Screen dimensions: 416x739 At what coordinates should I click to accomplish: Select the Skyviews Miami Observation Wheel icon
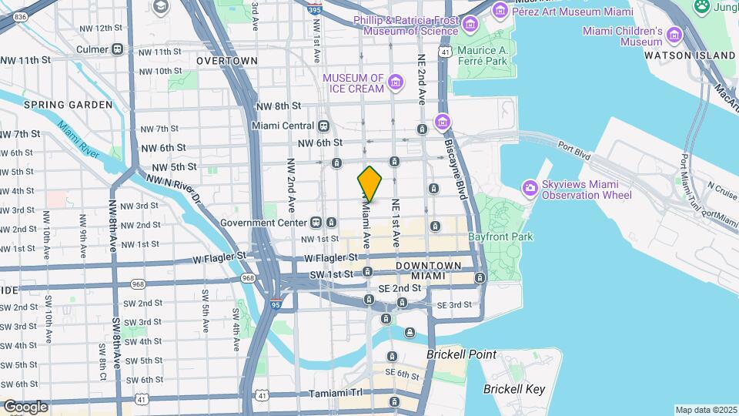pyautogui.click(x=530, y=188)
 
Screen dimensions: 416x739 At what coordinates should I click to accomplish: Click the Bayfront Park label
pyautogui.click(x=500, y=237)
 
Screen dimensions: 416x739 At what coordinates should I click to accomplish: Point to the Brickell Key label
pyautogui.click(x=513, y=389)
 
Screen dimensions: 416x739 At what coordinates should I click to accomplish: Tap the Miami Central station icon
pyautogui.click(x=323, y=126)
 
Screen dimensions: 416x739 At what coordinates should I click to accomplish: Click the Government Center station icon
pyautogui.click(x=316, y=223)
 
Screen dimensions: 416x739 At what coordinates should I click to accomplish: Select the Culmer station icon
pyautogui.click(x=118, y=49)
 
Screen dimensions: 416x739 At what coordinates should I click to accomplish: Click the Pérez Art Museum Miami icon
pyautogui.click(x=500, y=9)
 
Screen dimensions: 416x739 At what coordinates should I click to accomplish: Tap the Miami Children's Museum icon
pyautogui.click(x=675, y=35)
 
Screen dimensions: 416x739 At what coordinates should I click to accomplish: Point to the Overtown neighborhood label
pyautogui.click(x=226, y=60)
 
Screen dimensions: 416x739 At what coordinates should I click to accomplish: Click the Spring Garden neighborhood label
pyautogui.click(x=68, y=105)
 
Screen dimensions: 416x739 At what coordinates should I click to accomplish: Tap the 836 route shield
pyautogui.click(x=21, y=16)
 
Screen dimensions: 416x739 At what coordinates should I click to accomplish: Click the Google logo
pyautogui.click(x=25, y=407)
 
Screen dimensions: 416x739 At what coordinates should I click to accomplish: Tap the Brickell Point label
pyautogui.click(x=462, y=355)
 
